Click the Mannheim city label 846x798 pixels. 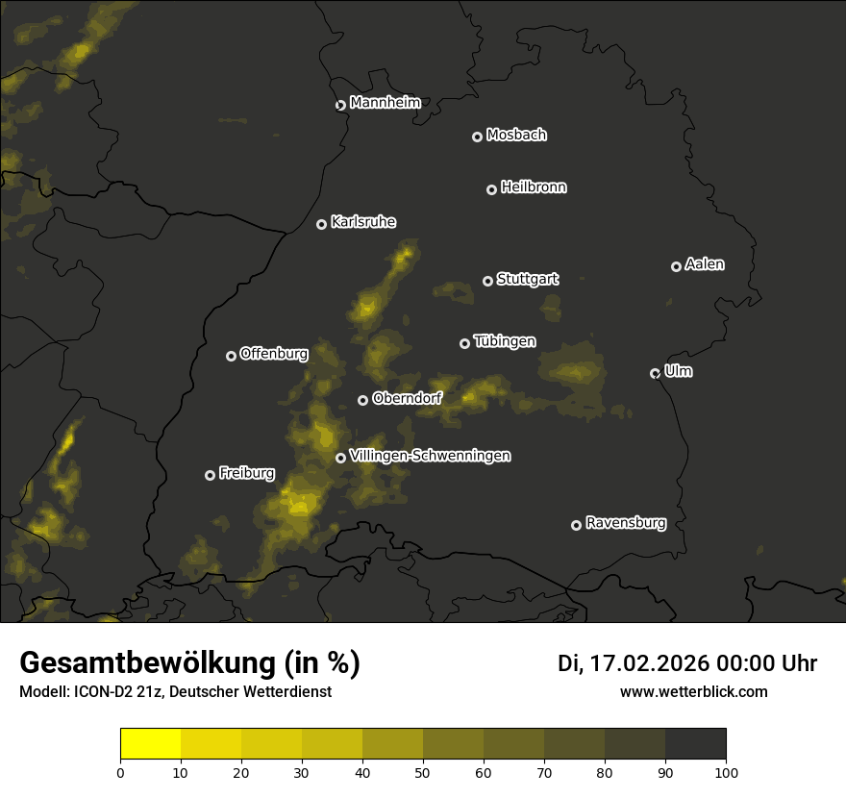pos(385,103)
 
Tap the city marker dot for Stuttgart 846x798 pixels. pos(487,281)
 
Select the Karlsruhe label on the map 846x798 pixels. pos(362,222)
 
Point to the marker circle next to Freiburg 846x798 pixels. pos(210,475)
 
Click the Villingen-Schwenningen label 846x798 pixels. pos(430,456)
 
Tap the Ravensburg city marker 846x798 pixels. pos(576,525)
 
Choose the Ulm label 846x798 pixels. pos(678,371)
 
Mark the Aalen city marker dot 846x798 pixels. pos(676,266)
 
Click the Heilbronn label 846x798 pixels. pos(534,187)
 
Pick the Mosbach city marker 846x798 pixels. pos(477,137)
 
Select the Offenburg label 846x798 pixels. pos(274,354)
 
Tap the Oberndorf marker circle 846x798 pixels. pos(362,400)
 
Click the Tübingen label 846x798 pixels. pos(505,341)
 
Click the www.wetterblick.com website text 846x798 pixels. pos(693,691)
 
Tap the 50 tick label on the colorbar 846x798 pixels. pos(423,772)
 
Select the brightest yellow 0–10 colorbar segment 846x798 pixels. pos(151,744)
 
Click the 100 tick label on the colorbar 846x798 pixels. pos(726,772)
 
